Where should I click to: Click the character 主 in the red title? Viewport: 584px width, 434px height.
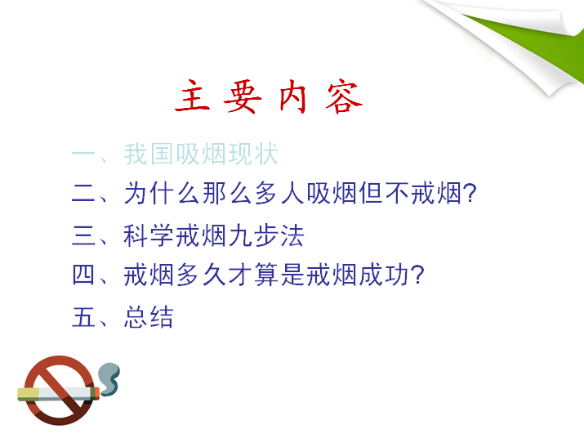click(193, 96)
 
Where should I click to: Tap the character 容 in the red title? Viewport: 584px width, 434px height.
click(343, 97)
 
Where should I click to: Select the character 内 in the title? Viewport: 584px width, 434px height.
click(292, 96)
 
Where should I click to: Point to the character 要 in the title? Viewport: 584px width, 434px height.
click(243, 97)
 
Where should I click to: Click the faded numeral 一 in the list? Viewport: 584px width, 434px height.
click(83, 154)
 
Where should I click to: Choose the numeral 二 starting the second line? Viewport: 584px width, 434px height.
click(83, 194)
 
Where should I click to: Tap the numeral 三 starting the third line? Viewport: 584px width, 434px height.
click(83, 235)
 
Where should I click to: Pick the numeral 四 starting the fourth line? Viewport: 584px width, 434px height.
click(83, 275)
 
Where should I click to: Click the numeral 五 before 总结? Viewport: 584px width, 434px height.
click(83, 317)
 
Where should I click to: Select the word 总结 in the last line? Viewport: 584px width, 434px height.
click(149, 317)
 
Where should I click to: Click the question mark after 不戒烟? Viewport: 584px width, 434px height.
click(470, 193)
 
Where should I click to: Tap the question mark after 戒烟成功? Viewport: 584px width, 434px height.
click(418, 275)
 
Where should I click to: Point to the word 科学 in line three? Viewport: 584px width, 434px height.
click(148, 235)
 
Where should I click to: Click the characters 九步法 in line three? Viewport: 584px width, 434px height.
click(266, 235)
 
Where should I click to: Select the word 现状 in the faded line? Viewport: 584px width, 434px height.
click(253, 154)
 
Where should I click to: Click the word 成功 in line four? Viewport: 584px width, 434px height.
click(384, 275)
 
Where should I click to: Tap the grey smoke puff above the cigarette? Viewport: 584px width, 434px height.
click(109, 378)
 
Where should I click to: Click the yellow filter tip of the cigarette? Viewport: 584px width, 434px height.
click(29, 394)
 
